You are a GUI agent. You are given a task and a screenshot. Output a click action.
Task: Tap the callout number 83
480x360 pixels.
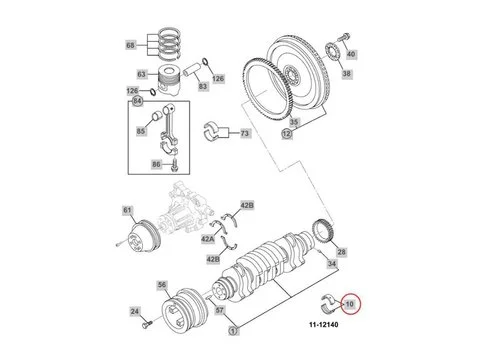(x=202, y=87)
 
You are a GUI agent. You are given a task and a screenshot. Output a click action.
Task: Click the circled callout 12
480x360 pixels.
(x=287, y=134)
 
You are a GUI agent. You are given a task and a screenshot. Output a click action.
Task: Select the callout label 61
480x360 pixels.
(x=128, y=209)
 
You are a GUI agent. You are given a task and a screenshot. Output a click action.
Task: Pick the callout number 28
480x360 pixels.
(x=341, y=252)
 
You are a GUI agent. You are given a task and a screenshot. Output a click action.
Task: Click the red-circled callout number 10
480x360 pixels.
(x=349, y=304)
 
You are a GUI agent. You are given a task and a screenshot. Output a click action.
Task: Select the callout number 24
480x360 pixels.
(x=135, y=313)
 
